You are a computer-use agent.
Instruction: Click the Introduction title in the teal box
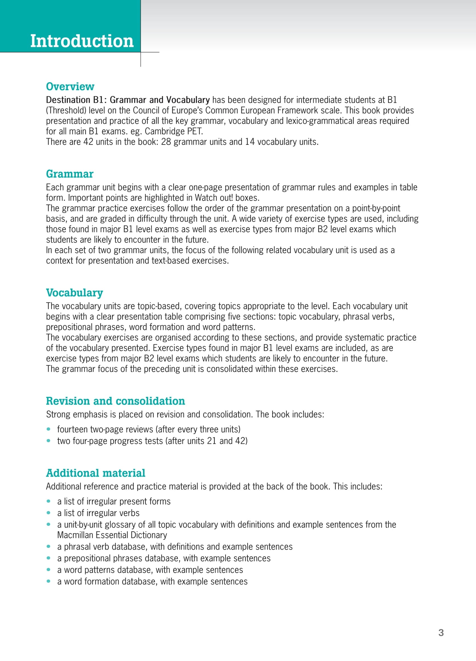coord(82,41)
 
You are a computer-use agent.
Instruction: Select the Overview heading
coord(70,87)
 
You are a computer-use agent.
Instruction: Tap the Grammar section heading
coord(70,174)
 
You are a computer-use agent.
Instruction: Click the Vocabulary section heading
coord(74,293)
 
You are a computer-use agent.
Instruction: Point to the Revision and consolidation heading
coord(115,401)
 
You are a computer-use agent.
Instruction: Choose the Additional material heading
coord(95,473)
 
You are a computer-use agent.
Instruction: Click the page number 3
coord(441,633)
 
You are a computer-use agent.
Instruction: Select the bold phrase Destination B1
coord(76,100)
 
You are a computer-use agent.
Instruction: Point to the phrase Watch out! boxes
coord(227,198)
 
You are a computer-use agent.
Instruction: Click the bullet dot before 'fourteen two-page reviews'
coord(48,429)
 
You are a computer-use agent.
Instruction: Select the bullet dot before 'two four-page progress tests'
coord(48,441)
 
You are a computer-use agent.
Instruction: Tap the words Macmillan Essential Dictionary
coord(112,535)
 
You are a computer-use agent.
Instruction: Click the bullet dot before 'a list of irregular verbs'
coord(48,513)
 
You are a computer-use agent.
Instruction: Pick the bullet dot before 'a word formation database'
coord(48,581)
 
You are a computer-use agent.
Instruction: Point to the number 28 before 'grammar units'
coord(166,142)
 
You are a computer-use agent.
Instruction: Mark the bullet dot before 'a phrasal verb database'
coord(48,547)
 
